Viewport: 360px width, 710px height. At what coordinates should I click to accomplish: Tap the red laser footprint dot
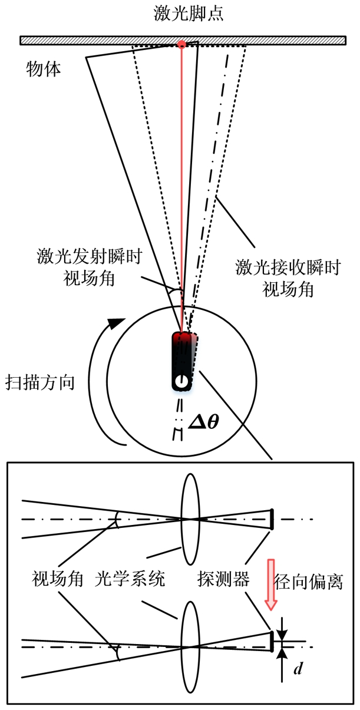point(182,44)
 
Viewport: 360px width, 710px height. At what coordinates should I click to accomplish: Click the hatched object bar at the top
point(88,41)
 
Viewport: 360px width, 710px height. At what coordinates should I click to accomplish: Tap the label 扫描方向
point(39,382)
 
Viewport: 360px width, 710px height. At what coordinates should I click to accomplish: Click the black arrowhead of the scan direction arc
point(118,323)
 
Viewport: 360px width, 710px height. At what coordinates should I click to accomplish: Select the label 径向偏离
point(316,582)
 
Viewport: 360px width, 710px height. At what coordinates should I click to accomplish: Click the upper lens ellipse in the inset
point(190,519)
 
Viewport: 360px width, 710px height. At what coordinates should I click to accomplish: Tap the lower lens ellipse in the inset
point(190,646)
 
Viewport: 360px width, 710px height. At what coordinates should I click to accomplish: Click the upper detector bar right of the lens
point(272,519)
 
